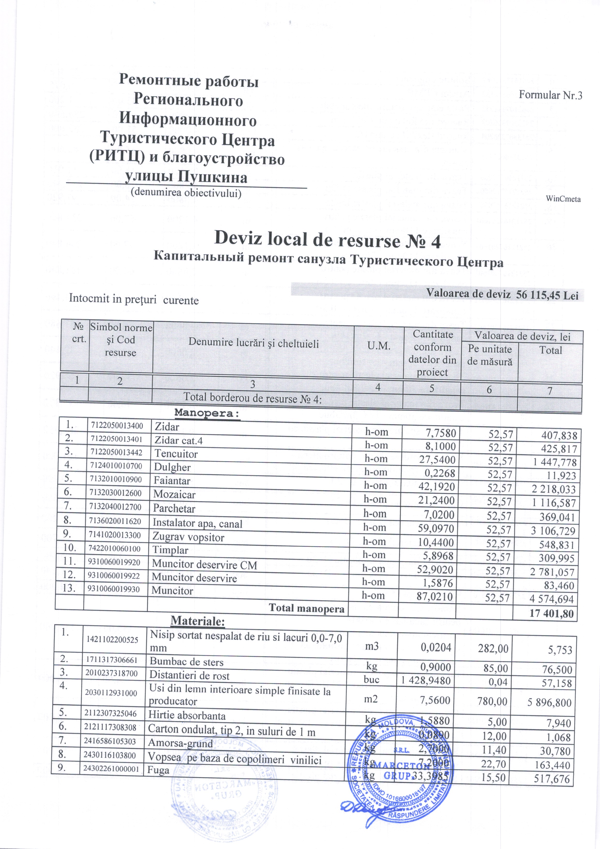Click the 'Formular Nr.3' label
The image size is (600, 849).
550,95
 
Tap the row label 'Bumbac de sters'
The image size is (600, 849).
186,662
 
